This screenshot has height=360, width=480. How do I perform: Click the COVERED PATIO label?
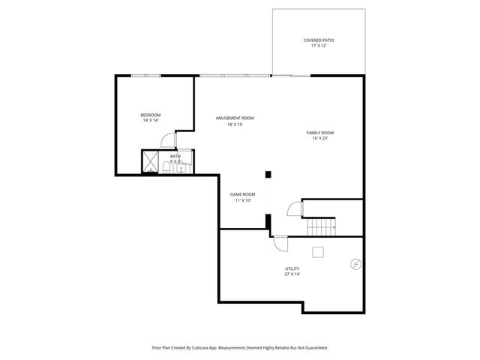[319, 40]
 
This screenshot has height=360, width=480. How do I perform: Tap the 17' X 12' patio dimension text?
[319, 46]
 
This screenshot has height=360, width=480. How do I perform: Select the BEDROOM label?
[151, 115]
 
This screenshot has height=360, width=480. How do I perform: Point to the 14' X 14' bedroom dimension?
[151, 121]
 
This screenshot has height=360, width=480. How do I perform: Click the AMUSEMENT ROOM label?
[235, 118]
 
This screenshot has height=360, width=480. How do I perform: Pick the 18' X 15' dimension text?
[235, 124]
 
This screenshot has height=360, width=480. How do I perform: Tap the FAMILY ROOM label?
[319, 132]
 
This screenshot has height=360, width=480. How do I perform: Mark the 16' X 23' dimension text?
[319, 138]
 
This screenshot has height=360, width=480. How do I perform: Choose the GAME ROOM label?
[242, 194]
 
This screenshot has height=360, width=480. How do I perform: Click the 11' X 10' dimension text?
[242, 200]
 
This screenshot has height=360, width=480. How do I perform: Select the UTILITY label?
[292, 268]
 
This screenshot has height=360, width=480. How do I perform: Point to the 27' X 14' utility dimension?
[292, 274]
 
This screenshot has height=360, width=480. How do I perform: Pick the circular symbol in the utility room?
[355, 263]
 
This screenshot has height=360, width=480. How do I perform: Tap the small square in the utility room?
[319, 251]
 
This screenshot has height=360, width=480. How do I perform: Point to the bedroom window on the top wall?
[145, 75]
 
